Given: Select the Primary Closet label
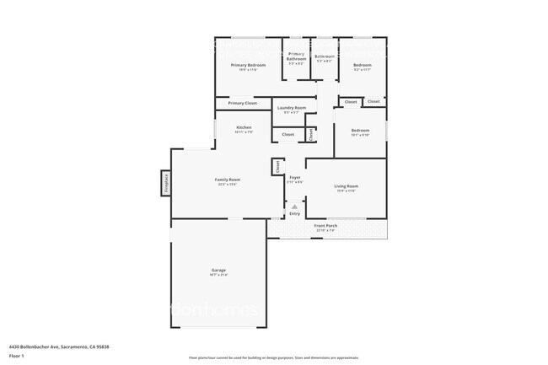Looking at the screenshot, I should pyautogui.click(x=242, y=103).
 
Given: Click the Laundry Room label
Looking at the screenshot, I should pyautogui.click(x=288, y=108).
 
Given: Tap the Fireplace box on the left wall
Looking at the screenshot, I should pyautogui.click(x=165, y=182).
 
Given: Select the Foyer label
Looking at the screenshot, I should pyautogui.click(x=295, y=178).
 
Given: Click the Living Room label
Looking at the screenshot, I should pyautogui.click(x=347, y=185).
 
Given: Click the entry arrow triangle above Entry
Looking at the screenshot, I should pyautogui.click(x=294, y=206).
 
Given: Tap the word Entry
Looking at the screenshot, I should pyautogui.click(x=294, y=214).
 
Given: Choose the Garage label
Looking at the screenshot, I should pyautogui.click(x=218, y=271).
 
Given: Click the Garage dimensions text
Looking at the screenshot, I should pyautogui.click(x=218, y=276).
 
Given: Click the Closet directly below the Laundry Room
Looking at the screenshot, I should pyautogui.click(x=287, y=134).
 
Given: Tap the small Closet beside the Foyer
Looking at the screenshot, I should pyautogui.click(x=277, y=167).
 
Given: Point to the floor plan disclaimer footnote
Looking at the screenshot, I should pyautogui.click(x=274, y=357).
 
